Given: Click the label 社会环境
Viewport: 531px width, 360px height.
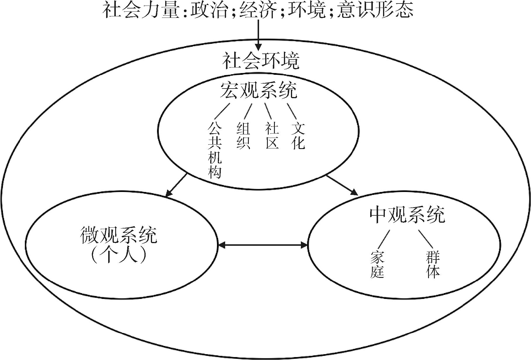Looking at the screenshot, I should click(261, 61).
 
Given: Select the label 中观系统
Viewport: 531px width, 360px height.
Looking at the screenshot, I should click(407, 215).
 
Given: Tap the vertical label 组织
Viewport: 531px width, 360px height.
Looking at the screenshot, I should click(243, 136).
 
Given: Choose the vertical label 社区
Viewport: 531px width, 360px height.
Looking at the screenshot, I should click(272, 136).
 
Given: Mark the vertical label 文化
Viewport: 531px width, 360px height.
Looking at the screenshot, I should click(298, 136).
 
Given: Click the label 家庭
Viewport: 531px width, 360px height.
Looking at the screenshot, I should click(377, 264).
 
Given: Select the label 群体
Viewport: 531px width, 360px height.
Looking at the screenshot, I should click(433, 264).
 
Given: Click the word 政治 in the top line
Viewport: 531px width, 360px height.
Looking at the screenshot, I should click(209, 10).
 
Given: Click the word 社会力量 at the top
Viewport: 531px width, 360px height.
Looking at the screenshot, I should click(140, 10).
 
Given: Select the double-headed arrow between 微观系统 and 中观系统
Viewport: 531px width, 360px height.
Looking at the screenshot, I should click(263, 245).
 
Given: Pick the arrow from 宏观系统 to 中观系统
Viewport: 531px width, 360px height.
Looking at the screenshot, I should click(342, 185).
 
